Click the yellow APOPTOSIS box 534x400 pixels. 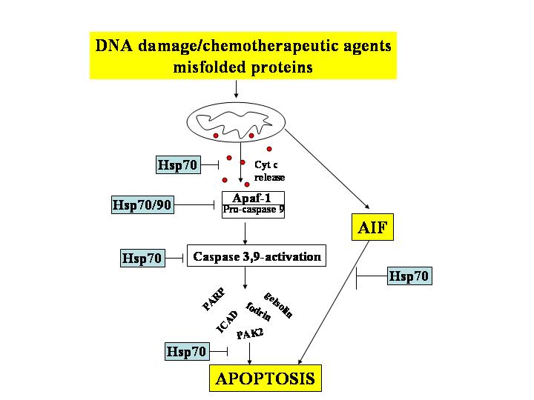pos(265,379)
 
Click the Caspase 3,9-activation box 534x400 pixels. pos(257,257)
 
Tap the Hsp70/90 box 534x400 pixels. pos(142,204)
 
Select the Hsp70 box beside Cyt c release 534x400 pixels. pos(178,164)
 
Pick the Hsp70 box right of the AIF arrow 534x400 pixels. pos(409,277)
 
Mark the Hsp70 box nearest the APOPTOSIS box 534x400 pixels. pos(185,352)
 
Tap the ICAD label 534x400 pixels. pos(227,321)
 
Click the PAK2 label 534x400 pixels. pos(250,335)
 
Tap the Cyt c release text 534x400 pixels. pos(269,172)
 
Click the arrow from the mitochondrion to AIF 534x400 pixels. pos(328,167)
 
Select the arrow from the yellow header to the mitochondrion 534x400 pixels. pos(236,88)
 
